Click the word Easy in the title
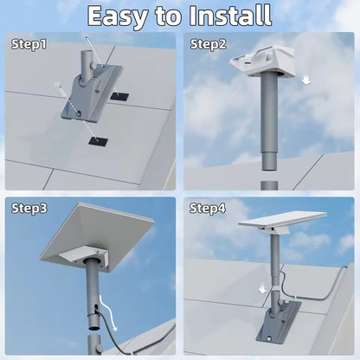tap(118, 16)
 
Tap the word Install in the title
tap(230, 15)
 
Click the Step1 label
tap(29, 44)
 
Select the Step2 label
tap(209, 44)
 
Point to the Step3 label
tap(29, 209)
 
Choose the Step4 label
tap(208, 209)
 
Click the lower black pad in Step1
tap(99, 141)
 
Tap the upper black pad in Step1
tap(119, 96)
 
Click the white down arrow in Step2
tap(306, 80)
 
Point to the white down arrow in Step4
tap(262, 289)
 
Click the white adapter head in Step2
tap(262, 61)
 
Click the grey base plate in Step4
tap(279, 322)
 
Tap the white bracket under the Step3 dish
tap(86, 254)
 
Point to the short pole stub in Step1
tap(87, 67)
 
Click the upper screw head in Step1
tap(86, 37)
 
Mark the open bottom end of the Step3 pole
tap(95, 328)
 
